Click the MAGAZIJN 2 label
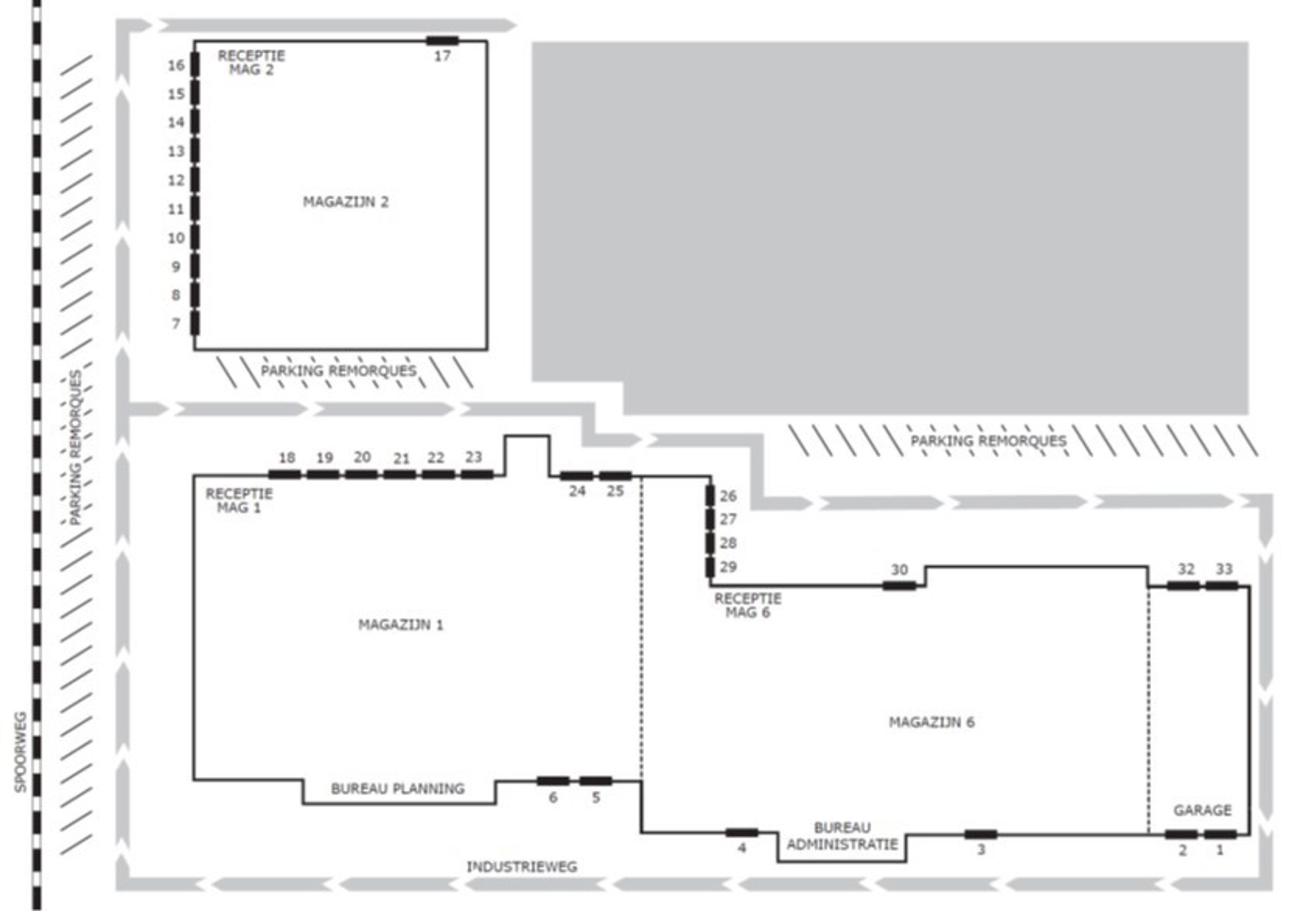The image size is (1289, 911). pyautogui.click(x=346, y=202)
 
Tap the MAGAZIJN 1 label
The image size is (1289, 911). pyautogui.click(x=401, y=625)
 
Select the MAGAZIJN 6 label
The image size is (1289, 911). pyautogui.click(x=931, y=722)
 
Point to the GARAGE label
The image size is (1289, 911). pyautogui.click(x=1202, y=810)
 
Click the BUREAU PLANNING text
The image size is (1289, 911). pyautogui.click(x=397, y=788)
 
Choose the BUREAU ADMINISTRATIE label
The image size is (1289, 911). pyautogui.click(x=842, y=836)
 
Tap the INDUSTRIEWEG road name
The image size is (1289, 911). pyautogui.click(x=522, y=867)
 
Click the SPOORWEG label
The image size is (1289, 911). pyautogui.click(x=20, y=752)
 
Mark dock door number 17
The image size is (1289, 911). pyautogui.click(x=442, y=41)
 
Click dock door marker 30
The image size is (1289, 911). pyautogui.click(x=899, y=586)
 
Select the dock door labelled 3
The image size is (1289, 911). pyautogui.click(x=981, y=834)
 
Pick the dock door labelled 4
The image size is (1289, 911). pyautogui.click(x=742, y=833)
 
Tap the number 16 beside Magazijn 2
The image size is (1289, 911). pyautogui.click(x=176, y=65)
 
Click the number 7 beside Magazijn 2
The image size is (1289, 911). pyautogui.click(x=176, y=324)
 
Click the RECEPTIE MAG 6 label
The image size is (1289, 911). pyautogui.click(x=747, y=605)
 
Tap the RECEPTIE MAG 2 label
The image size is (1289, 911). pyautogui.click(x=251, y=63)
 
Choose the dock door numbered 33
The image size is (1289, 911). pyautogui.click(x=1221, y=586)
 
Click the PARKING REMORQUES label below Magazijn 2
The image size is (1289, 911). pyautogui.click(x=339, y=371)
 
